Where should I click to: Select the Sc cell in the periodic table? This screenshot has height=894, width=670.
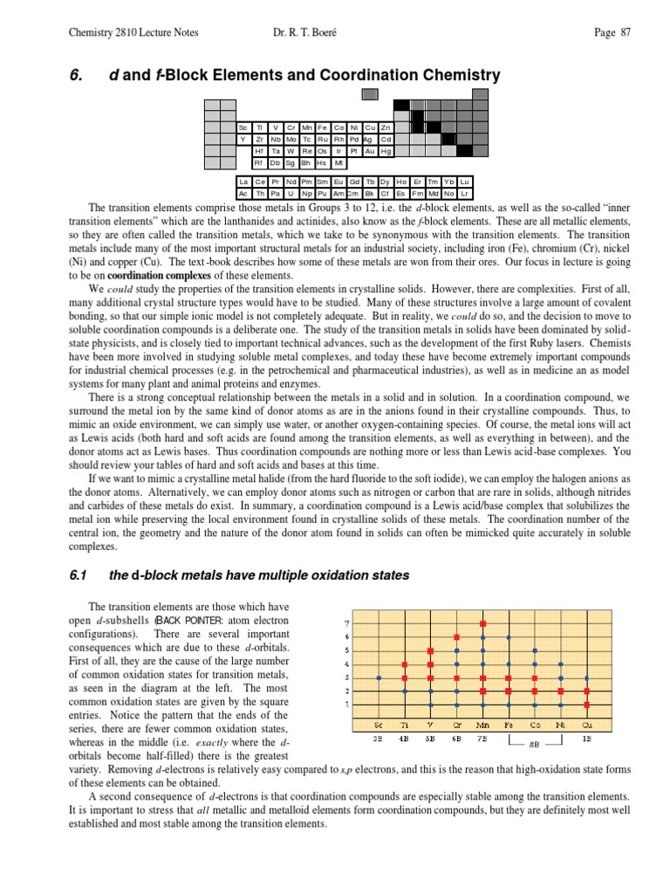point(243,127)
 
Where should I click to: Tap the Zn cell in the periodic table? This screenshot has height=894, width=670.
point(386,127)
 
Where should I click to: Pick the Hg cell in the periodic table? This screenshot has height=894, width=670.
point(386,151)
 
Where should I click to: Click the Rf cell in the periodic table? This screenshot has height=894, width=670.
point(259,162)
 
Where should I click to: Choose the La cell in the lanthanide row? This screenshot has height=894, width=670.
point(244,182)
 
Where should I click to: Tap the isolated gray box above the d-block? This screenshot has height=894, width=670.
point(370,93)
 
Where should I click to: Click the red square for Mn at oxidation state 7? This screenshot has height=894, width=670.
point(482,624)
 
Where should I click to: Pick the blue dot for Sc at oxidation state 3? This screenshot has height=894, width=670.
point(378,677)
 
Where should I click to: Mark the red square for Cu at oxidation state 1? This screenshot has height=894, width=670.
point(587,704)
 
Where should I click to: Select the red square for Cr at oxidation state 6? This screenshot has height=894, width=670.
point(456,637)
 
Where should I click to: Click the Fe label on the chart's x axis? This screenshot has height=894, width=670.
point(509,725)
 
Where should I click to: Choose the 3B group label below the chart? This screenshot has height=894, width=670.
point(378,739)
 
